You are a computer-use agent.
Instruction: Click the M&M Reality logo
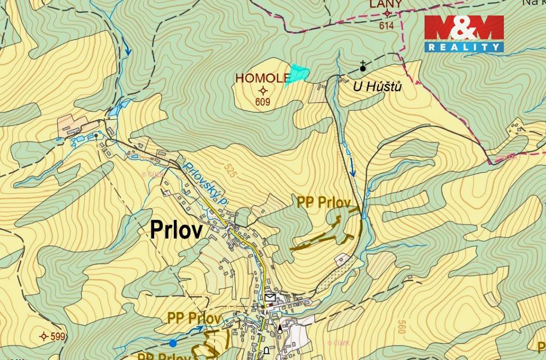coord(464,34)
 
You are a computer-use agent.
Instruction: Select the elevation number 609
coord(263,102)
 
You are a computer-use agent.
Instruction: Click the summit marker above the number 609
coord(263,91)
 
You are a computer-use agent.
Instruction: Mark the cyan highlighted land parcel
coord(297,73)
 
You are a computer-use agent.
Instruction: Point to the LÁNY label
coord(386,5)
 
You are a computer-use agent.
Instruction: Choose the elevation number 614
coord(386,25)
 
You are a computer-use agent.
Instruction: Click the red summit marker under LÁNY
coord(386,15)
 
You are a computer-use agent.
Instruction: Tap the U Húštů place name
coord(377,87)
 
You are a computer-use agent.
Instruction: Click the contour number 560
coord(401,327)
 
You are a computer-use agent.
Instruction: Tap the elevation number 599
coord(58,337)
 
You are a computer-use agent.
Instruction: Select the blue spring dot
coord(173,343)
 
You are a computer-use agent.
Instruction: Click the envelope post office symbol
coord(270,297)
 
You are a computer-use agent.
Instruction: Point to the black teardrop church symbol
coord(281,328)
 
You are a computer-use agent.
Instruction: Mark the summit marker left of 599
coord(44,336)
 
